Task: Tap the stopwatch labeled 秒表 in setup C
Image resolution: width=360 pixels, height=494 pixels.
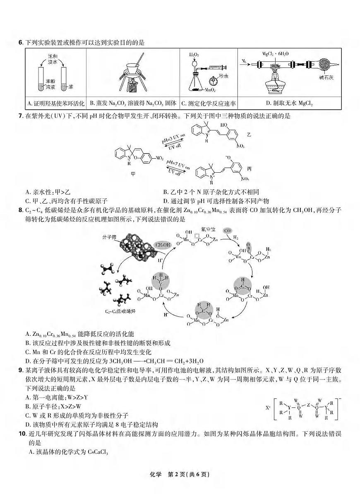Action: point(213,79)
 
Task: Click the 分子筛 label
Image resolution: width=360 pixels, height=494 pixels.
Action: point(109,237)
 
